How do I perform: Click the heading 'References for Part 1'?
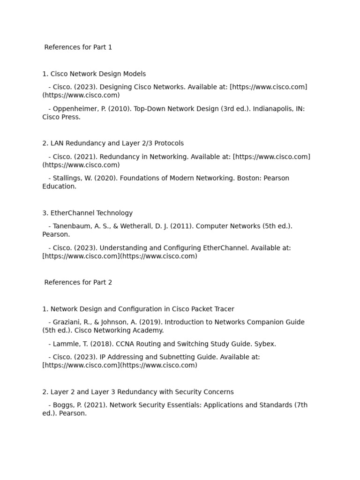[x=78, y=47]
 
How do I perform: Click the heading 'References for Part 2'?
[x=78, y=283]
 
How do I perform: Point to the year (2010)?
[x=122, y=109]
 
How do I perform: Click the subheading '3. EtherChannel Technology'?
[x=87, y=213]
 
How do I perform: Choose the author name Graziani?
[x=67, y=322]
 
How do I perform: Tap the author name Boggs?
[x=63, y=405]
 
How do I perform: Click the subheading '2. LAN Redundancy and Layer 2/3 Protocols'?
[x=113, y=143]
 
